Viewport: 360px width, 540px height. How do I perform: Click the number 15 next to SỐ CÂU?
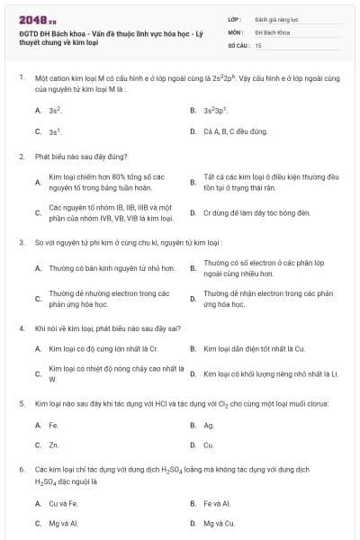point(258,44)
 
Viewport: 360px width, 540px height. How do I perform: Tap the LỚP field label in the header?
point(235,18)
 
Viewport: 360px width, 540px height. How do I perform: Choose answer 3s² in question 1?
point(55,110)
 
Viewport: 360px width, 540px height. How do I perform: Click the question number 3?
point(21,242)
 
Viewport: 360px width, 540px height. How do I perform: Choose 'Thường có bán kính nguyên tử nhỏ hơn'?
point(105,267)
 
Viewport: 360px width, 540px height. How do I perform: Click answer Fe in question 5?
point(53,425)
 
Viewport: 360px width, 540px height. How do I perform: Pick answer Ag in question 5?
point(209,425)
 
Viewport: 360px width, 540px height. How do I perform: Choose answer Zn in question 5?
point(53,445)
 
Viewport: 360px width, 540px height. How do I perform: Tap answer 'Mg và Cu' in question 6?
point(219,523)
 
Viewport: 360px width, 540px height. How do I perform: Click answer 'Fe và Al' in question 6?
point(217,503)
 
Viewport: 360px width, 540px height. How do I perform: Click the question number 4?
point(21,328)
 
